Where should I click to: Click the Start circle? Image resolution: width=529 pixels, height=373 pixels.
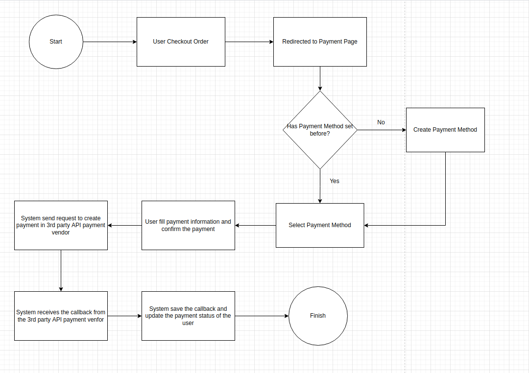(x=56, y=42)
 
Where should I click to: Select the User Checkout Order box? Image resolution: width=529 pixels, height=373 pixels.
(x=181, y=42)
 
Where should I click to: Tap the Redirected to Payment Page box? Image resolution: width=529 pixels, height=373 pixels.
(x=320, y=42)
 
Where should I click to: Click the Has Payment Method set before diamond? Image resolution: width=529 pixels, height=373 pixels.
(x=320, y=130)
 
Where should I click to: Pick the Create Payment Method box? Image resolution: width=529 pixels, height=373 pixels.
(x=445, y=130)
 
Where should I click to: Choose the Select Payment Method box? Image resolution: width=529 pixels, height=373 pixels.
(x=320, y=225)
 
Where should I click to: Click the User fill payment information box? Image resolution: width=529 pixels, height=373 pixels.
(x=188, y=225)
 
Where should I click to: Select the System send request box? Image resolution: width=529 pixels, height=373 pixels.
(x=61, y=225)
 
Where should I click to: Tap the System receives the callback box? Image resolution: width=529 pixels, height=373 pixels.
(x=61, y=316)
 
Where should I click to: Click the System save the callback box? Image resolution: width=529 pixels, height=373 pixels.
(x=188, y=316)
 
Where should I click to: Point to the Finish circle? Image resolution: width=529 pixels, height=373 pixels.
(x=318, y=316)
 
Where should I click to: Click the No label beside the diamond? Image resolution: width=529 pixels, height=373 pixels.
(x=381, y=122)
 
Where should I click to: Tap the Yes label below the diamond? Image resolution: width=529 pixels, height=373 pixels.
(x=335, y=181)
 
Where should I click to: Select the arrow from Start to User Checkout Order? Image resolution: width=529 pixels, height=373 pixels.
(x=110, y=42)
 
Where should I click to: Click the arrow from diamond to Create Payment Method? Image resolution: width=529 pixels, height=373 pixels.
(x=382, y=130)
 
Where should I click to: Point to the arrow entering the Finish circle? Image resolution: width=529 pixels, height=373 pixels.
(x=262, y=316)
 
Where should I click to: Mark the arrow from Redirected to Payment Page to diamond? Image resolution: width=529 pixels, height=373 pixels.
(x=320, y=78)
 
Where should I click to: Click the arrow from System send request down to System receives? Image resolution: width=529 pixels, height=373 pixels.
(x=61, y=270)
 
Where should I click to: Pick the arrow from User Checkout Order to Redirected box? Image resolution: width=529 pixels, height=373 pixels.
(x=249, y=42)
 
